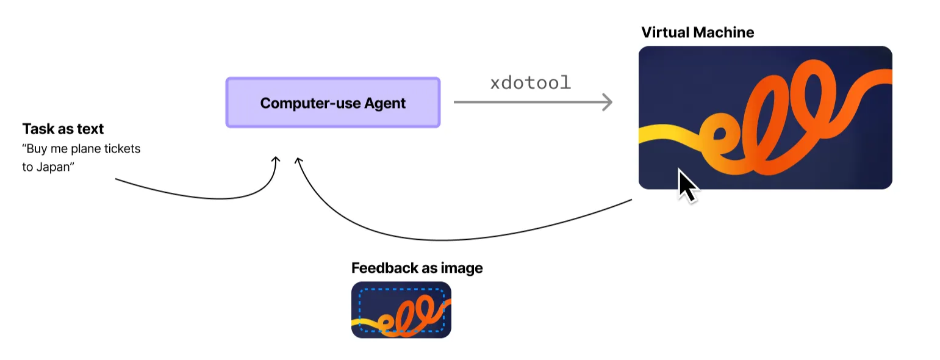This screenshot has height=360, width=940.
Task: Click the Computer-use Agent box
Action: [332, 103]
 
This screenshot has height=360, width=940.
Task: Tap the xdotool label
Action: [530, 83]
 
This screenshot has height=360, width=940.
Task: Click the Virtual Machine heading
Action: [697, 32]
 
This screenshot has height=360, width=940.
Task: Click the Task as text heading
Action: [63, 129]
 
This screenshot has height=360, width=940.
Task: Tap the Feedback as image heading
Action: [417, 268]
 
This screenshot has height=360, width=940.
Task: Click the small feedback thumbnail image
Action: [401, 310]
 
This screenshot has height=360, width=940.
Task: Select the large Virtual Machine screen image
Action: [765, 117]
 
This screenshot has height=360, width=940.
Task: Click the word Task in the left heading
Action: [35, 129]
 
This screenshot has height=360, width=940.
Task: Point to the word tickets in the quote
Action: [121, 149]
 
